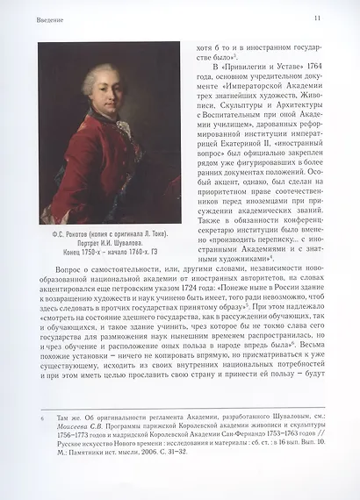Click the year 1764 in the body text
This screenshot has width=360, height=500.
click(312, 67)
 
